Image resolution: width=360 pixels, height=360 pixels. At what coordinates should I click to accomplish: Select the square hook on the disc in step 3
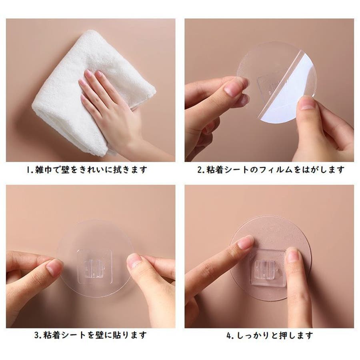pyautogui.click(x=94, y=266)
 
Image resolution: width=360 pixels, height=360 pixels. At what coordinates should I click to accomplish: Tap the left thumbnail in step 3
pyautogui.click(x=54, y=267)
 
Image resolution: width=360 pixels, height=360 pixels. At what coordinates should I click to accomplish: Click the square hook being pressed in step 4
pyautogui.click(x=268, y=268)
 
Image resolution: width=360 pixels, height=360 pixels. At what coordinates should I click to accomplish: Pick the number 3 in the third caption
pyautogui.click(x=37, y=336)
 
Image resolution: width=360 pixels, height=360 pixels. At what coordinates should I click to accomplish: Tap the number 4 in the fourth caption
pyautogui.click(x=229, y=336)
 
